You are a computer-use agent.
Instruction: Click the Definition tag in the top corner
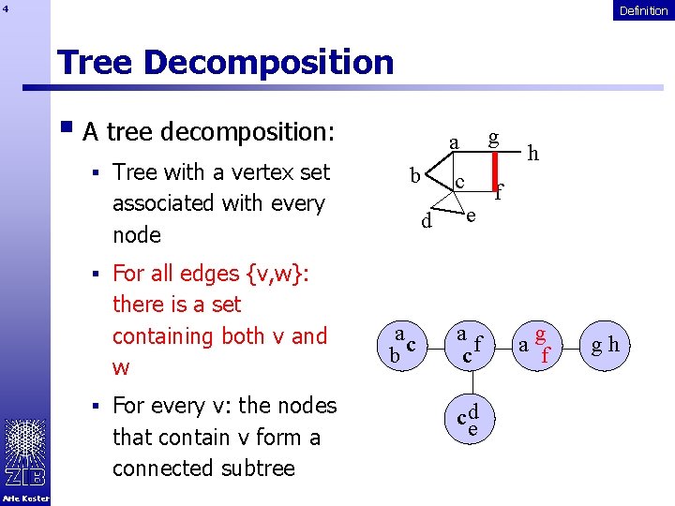(643, 10)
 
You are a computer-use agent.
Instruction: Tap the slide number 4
(6, 10)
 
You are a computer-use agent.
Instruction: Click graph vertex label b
(414, 176)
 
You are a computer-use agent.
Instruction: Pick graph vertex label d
(427, 223)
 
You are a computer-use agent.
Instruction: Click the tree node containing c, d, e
(470, 420)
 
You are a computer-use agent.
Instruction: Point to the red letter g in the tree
(540, 335)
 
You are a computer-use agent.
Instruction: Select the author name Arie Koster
(25, 499)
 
